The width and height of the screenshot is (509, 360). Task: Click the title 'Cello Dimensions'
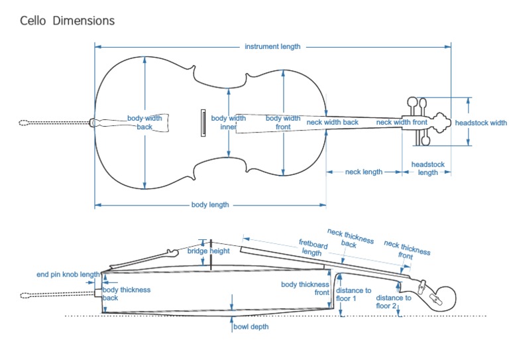click(67, 21)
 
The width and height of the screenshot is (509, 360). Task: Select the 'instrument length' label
click(272, 46)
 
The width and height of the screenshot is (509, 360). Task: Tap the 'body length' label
click(210, 205)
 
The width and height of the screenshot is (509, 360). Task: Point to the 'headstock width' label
click(481, 123)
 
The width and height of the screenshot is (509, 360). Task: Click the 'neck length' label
click(364, 172)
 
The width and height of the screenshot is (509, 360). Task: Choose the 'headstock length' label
click(427, 168)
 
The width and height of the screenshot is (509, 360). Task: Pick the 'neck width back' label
click(332, 122)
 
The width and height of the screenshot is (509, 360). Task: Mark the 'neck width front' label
click(402, 122)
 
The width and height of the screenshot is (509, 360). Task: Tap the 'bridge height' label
click(208, 251)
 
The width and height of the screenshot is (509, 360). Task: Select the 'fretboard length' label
click(311, 248)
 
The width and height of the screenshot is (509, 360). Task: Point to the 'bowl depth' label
click(251, 327)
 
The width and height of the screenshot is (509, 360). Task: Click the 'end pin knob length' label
click(68, 274)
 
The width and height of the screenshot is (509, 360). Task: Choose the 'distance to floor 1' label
click(353, 294)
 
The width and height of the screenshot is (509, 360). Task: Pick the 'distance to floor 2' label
click(394, 302)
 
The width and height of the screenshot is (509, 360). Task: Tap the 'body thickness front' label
click(305, 288)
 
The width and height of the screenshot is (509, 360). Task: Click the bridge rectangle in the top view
click(203, 123)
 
